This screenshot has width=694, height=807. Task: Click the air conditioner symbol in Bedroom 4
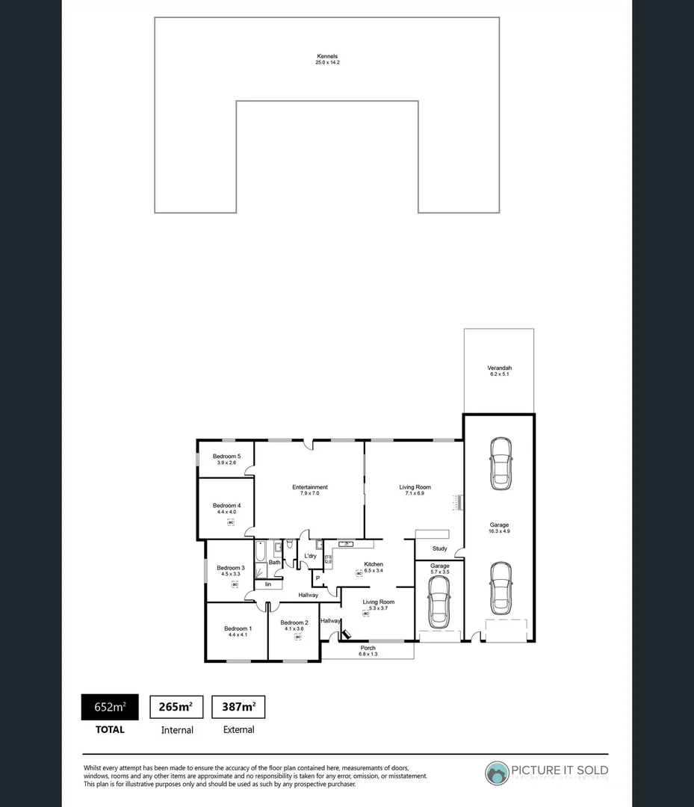click(x=232, y=522)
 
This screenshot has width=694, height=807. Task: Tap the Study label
click(x=439, y=548)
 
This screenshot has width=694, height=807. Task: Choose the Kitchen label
click(x=374, y=564)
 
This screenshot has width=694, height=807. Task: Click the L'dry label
click(x=310, y=556)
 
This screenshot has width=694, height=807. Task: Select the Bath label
click(x=274, y=562)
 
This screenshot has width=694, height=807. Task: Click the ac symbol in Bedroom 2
click(x=297, y=637)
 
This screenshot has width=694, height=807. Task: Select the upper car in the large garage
click(x=500, y=463)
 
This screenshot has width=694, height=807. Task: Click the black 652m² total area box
click(x=109, y=707)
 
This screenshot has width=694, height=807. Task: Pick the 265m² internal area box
click(x=177, y=707)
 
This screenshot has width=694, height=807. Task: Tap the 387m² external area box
click(x=238, y=707)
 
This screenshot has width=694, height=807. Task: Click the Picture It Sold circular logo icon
click(x=496, y=773)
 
